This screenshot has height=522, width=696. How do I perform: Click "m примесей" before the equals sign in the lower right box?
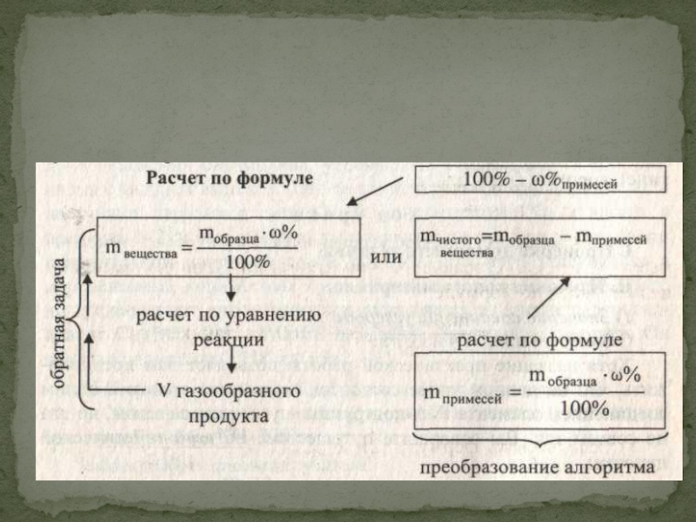coord(466,393)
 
